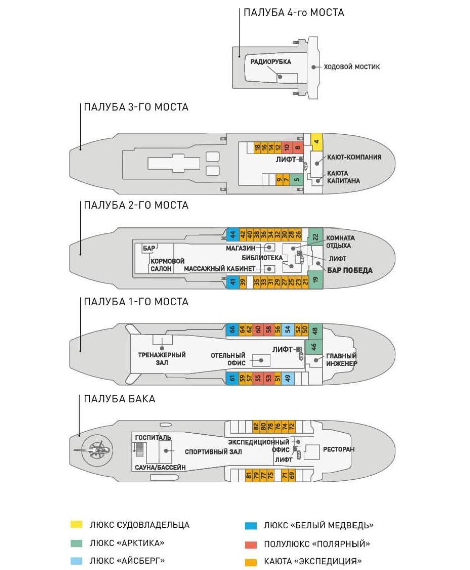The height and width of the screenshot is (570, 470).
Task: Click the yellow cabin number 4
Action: (x=316, y=141)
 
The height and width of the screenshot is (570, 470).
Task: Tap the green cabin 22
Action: (x=316, y=236)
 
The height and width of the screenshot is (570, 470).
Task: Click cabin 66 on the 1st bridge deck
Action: (x=232, y=330)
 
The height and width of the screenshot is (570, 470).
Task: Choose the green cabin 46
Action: (x=314, y=347)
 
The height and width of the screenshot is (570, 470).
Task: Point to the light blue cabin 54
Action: (x=288, y=330)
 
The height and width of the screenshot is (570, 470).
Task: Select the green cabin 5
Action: (x=296, y=178)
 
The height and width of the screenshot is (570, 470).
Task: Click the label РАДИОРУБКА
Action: (x=271, y=61)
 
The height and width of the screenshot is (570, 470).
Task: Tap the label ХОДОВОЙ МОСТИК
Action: (x=351, y=67)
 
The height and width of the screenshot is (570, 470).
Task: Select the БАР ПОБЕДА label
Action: (x=350, y=270)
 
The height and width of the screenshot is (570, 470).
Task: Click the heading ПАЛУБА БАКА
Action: (x=120, y=399)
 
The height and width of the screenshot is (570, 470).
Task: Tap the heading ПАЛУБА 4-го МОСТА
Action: (x=294, y=13)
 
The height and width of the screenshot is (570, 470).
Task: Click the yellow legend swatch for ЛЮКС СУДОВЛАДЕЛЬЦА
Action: (x=76, y=525)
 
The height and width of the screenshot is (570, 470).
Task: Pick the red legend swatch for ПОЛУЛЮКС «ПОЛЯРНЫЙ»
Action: (x=250, y=544)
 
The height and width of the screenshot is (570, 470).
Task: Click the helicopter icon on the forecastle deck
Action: (x=96, y=449)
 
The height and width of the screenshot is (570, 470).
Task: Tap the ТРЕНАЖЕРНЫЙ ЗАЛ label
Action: (x=162, y=358)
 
